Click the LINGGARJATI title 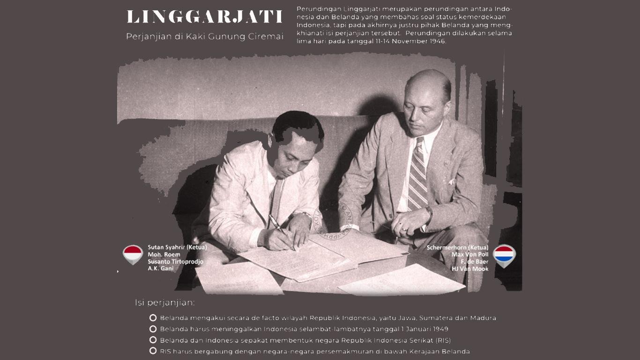[205, 17]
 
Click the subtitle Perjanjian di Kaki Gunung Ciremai [205, 37]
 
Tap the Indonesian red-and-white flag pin [133, 255]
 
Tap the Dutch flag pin [504, 255]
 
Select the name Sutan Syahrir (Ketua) [177, 247]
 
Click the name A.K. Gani [160, 269]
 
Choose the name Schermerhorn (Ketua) [457, 247]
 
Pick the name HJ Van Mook [470, 269]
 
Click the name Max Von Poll [470, 255]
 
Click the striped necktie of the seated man [417, 176]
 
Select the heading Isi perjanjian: [164, 303]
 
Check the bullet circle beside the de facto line [153, 318]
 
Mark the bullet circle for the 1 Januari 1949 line [153, 329]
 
